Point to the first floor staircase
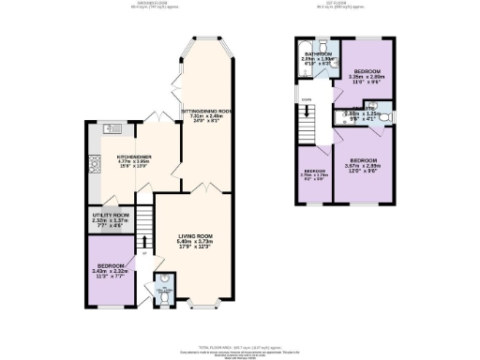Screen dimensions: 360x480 pyautogui.click(x=306, y=120)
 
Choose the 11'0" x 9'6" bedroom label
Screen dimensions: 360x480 pyautogui.click(x=367, y=77)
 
